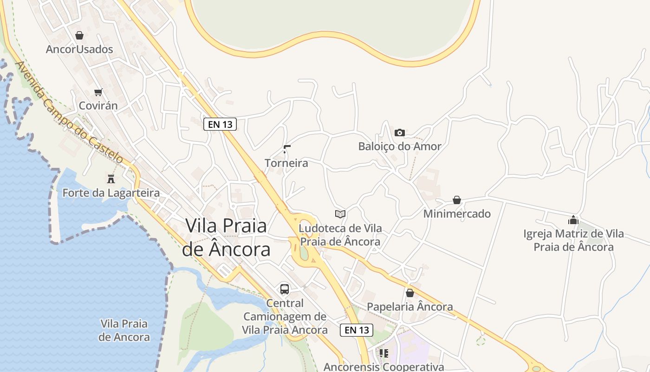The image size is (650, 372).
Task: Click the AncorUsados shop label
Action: tap(79, 49)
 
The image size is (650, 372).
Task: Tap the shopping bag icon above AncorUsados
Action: tap(79, 35)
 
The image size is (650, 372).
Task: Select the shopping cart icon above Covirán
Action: tap(98, 92)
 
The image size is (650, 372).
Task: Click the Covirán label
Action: tap(98, 106)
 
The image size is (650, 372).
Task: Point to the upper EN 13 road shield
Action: tap(220, 124)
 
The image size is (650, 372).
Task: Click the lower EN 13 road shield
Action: tap(357, 330)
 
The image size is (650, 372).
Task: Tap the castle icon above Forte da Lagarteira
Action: tap(111, 179)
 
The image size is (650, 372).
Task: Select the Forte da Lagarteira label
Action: tap(111, 193)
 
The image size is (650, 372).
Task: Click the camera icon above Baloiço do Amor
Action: tap(399, 133)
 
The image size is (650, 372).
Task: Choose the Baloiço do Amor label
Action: tap(400, 146)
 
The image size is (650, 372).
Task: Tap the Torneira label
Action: tap(286, 163)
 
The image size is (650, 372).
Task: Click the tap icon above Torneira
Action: tap(286, 149)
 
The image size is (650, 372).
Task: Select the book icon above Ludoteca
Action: tap(340, 214)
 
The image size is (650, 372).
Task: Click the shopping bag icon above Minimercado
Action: tap(457, 200)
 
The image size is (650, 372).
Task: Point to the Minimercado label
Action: tap(457, 214)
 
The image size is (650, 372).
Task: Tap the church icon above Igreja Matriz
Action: tap(573, 220)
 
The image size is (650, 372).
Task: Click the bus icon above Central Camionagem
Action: tap(285, 289)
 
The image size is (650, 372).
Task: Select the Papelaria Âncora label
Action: tap(410, 307)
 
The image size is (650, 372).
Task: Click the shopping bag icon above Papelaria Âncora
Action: tap(409, 293)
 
